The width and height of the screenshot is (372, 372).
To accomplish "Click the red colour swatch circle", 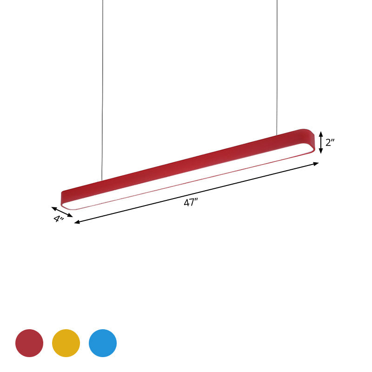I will (x=29, y=343).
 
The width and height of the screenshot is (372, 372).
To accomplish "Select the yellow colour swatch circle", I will (x=66, y=343).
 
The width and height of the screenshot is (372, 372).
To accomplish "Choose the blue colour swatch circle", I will (x=103, y=343).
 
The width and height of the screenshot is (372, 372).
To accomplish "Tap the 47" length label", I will (x=191, y=203).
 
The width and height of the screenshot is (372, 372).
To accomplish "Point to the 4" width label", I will (x=58, y=219).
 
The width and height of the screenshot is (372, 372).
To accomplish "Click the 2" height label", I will (x=330, y=142).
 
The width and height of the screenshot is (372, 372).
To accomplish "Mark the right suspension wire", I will (x=277, y=70).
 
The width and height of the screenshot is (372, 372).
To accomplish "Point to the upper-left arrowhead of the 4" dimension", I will (x=53, y=208).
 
